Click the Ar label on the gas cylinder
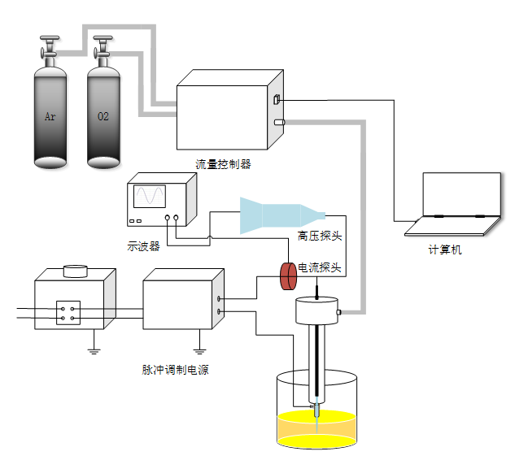(50, 117)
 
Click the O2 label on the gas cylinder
(103, 117)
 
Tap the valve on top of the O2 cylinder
(103, 46)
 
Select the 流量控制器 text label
(223, 164)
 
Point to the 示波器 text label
(144, 247)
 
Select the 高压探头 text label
(319, 237)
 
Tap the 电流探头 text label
(320, 267)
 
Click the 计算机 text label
(445, 250)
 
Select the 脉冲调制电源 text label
(176, 371)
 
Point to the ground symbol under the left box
(93, 350)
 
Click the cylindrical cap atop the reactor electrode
(316, 310)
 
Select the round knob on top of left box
(76, 271)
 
